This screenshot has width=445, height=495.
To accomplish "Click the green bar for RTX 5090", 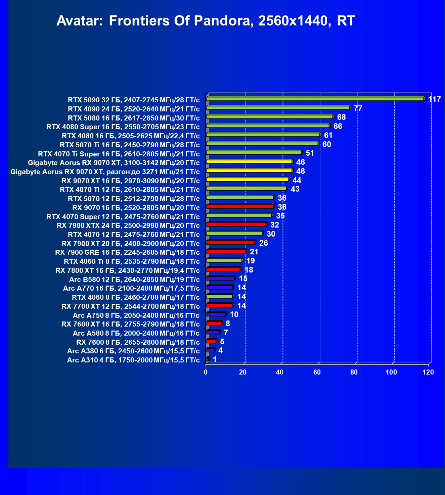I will tap(315, 99).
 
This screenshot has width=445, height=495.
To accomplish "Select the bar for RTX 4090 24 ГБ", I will tap(278, 108).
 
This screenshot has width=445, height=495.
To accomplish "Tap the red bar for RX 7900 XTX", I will tap(236, 225).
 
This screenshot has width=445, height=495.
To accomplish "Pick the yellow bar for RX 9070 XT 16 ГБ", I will tap(247, 180).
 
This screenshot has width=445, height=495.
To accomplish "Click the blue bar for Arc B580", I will tap(220, 278).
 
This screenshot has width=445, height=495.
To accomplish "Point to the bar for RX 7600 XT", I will tap(214, 323).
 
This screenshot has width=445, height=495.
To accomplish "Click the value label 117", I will tap(434, 99).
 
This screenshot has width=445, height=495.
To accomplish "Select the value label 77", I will tap(358, 108).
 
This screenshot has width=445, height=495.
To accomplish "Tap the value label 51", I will tap(310, 153).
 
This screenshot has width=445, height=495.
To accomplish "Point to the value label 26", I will tap(264, 243).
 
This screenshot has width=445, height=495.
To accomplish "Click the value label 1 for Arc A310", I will tap(215, 359).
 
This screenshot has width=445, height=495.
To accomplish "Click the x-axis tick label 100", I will tap(391, 372).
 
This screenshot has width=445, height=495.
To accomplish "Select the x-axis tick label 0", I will tap(206, 372).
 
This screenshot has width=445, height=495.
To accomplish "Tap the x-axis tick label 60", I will tap(317, 372).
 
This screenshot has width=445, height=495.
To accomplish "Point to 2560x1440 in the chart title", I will tap(292, 21).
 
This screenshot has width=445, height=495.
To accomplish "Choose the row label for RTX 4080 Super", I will tap(123, 127).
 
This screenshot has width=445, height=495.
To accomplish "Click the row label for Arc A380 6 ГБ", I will tap(133, 351).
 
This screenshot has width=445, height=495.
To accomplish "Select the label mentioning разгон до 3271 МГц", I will tap(105, 172).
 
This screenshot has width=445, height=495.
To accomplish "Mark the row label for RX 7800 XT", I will tap(128, 270).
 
